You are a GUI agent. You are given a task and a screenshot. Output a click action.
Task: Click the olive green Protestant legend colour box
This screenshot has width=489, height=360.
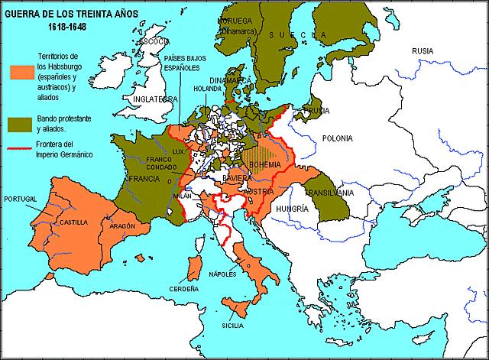[21, 123]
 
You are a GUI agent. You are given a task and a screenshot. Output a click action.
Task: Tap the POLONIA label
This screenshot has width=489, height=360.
[337, 138]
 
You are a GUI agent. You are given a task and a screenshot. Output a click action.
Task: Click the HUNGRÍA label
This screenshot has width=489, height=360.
[292, 208]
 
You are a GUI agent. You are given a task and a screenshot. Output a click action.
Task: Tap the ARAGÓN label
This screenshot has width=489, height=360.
[122, 226]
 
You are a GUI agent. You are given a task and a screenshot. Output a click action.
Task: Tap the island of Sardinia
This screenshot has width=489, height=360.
[194, 268]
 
